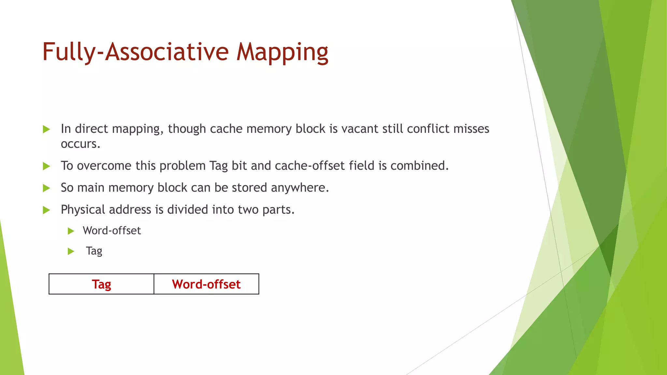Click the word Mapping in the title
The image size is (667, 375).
pos(282,52)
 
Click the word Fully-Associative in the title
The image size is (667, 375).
pos(135,52)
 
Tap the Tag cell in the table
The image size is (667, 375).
pos(101,284)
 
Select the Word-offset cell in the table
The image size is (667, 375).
pos(206,284)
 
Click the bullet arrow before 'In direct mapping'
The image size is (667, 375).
pos(46,129)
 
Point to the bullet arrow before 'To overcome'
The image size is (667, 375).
pos(46,166)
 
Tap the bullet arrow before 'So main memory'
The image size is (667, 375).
pos(46,188)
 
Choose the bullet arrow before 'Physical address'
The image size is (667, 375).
pos(46,210)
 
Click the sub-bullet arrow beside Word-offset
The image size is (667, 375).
pos(71,231)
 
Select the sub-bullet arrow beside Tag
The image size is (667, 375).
pos(71,251)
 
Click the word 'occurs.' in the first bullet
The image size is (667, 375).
pos(80,144)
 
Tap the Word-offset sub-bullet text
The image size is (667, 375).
pos(112,231)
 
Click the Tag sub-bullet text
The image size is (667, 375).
pos(94,251)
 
